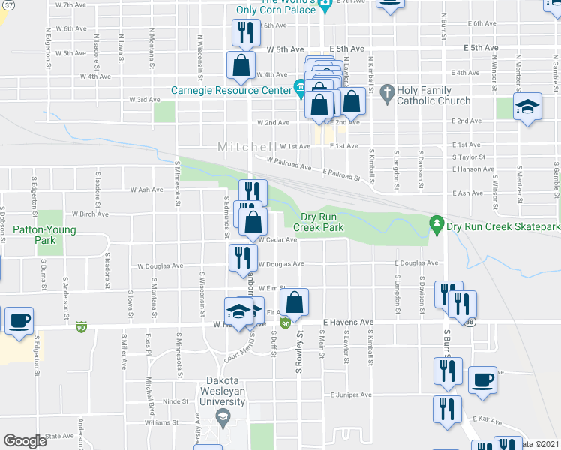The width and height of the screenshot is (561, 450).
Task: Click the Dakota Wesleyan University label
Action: click(x=222, y=396)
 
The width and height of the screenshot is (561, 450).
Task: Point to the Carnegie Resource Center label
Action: click(x=230, y=90)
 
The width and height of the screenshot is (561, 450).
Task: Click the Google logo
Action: click(x=25, y=441)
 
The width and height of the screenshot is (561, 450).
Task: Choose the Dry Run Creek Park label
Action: click(x=318, y=221)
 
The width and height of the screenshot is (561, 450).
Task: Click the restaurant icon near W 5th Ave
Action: click(x=246, y=32)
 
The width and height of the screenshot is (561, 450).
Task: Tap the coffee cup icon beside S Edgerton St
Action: click(x=19, y=320)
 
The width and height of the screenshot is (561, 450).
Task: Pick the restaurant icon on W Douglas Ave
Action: click(x=243, y=257)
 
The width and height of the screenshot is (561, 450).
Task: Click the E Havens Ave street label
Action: click(x=348, y=322)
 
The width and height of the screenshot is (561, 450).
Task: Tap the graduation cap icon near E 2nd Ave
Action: click(x=527, y=106)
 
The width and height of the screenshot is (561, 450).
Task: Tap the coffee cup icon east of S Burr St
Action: click(x=482, y=379)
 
